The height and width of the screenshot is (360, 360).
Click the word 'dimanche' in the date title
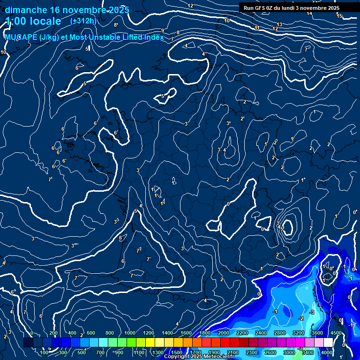(26, 10)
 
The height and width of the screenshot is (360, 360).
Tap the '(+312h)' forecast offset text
(82, 21)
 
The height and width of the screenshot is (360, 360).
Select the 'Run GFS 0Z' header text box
(291, 8)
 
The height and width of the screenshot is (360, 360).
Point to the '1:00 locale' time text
(33, 21)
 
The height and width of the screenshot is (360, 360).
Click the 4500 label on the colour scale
(336, 333)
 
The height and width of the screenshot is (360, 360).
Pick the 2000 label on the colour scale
(224, 333)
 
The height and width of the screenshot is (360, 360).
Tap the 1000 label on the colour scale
(130, 333)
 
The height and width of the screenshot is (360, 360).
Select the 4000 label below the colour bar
(327, 352)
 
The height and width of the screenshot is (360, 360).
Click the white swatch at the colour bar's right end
(328, 343)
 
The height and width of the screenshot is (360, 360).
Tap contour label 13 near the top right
(279, 24)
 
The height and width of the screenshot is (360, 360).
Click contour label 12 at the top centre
(190, 6)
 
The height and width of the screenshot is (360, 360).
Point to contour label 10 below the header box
(227, 21)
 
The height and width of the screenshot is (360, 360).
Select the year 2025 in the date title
(119, 10)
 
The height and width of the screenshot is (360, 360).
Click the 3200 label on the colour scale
(299, 333)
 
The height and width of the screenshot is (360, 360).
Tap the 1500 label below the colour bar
(177, 352)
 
